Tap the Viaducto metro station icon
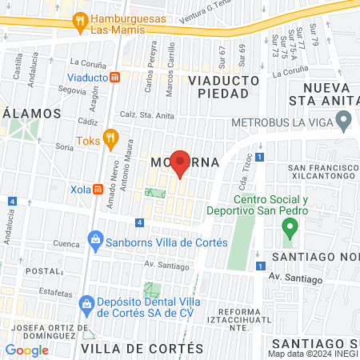(x=116, y=78)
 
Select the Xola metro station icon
(x=98, y=190)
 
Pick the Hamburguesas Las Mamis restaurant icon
(x=78, y=22)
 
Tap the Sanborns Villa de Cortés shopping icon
(x=95, y=240)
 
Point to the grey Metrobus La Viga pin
(x=344, y=122)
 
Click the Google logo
(x=26, y=350)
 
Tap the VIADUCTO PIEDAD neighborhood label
(x=224, y=87)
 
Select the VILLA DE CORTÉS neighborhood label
(x=142, y=349)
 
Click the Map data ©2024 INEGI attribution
(x=313, y=354)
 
